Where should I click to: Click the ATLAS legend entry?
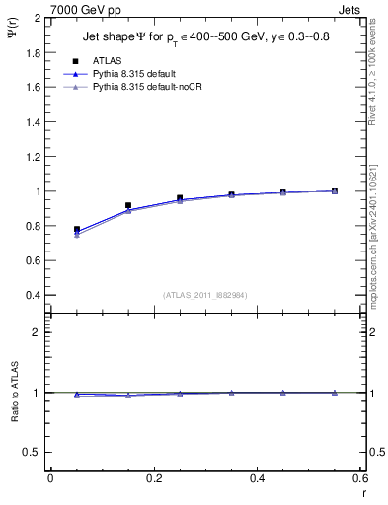coord(107,60)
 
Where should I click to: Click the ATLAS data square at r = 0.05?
coord(76,229)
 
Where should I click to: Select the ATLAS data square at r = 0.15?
coord(128,206)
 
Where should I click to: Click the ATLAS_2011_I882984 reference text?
coord(205,294)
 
